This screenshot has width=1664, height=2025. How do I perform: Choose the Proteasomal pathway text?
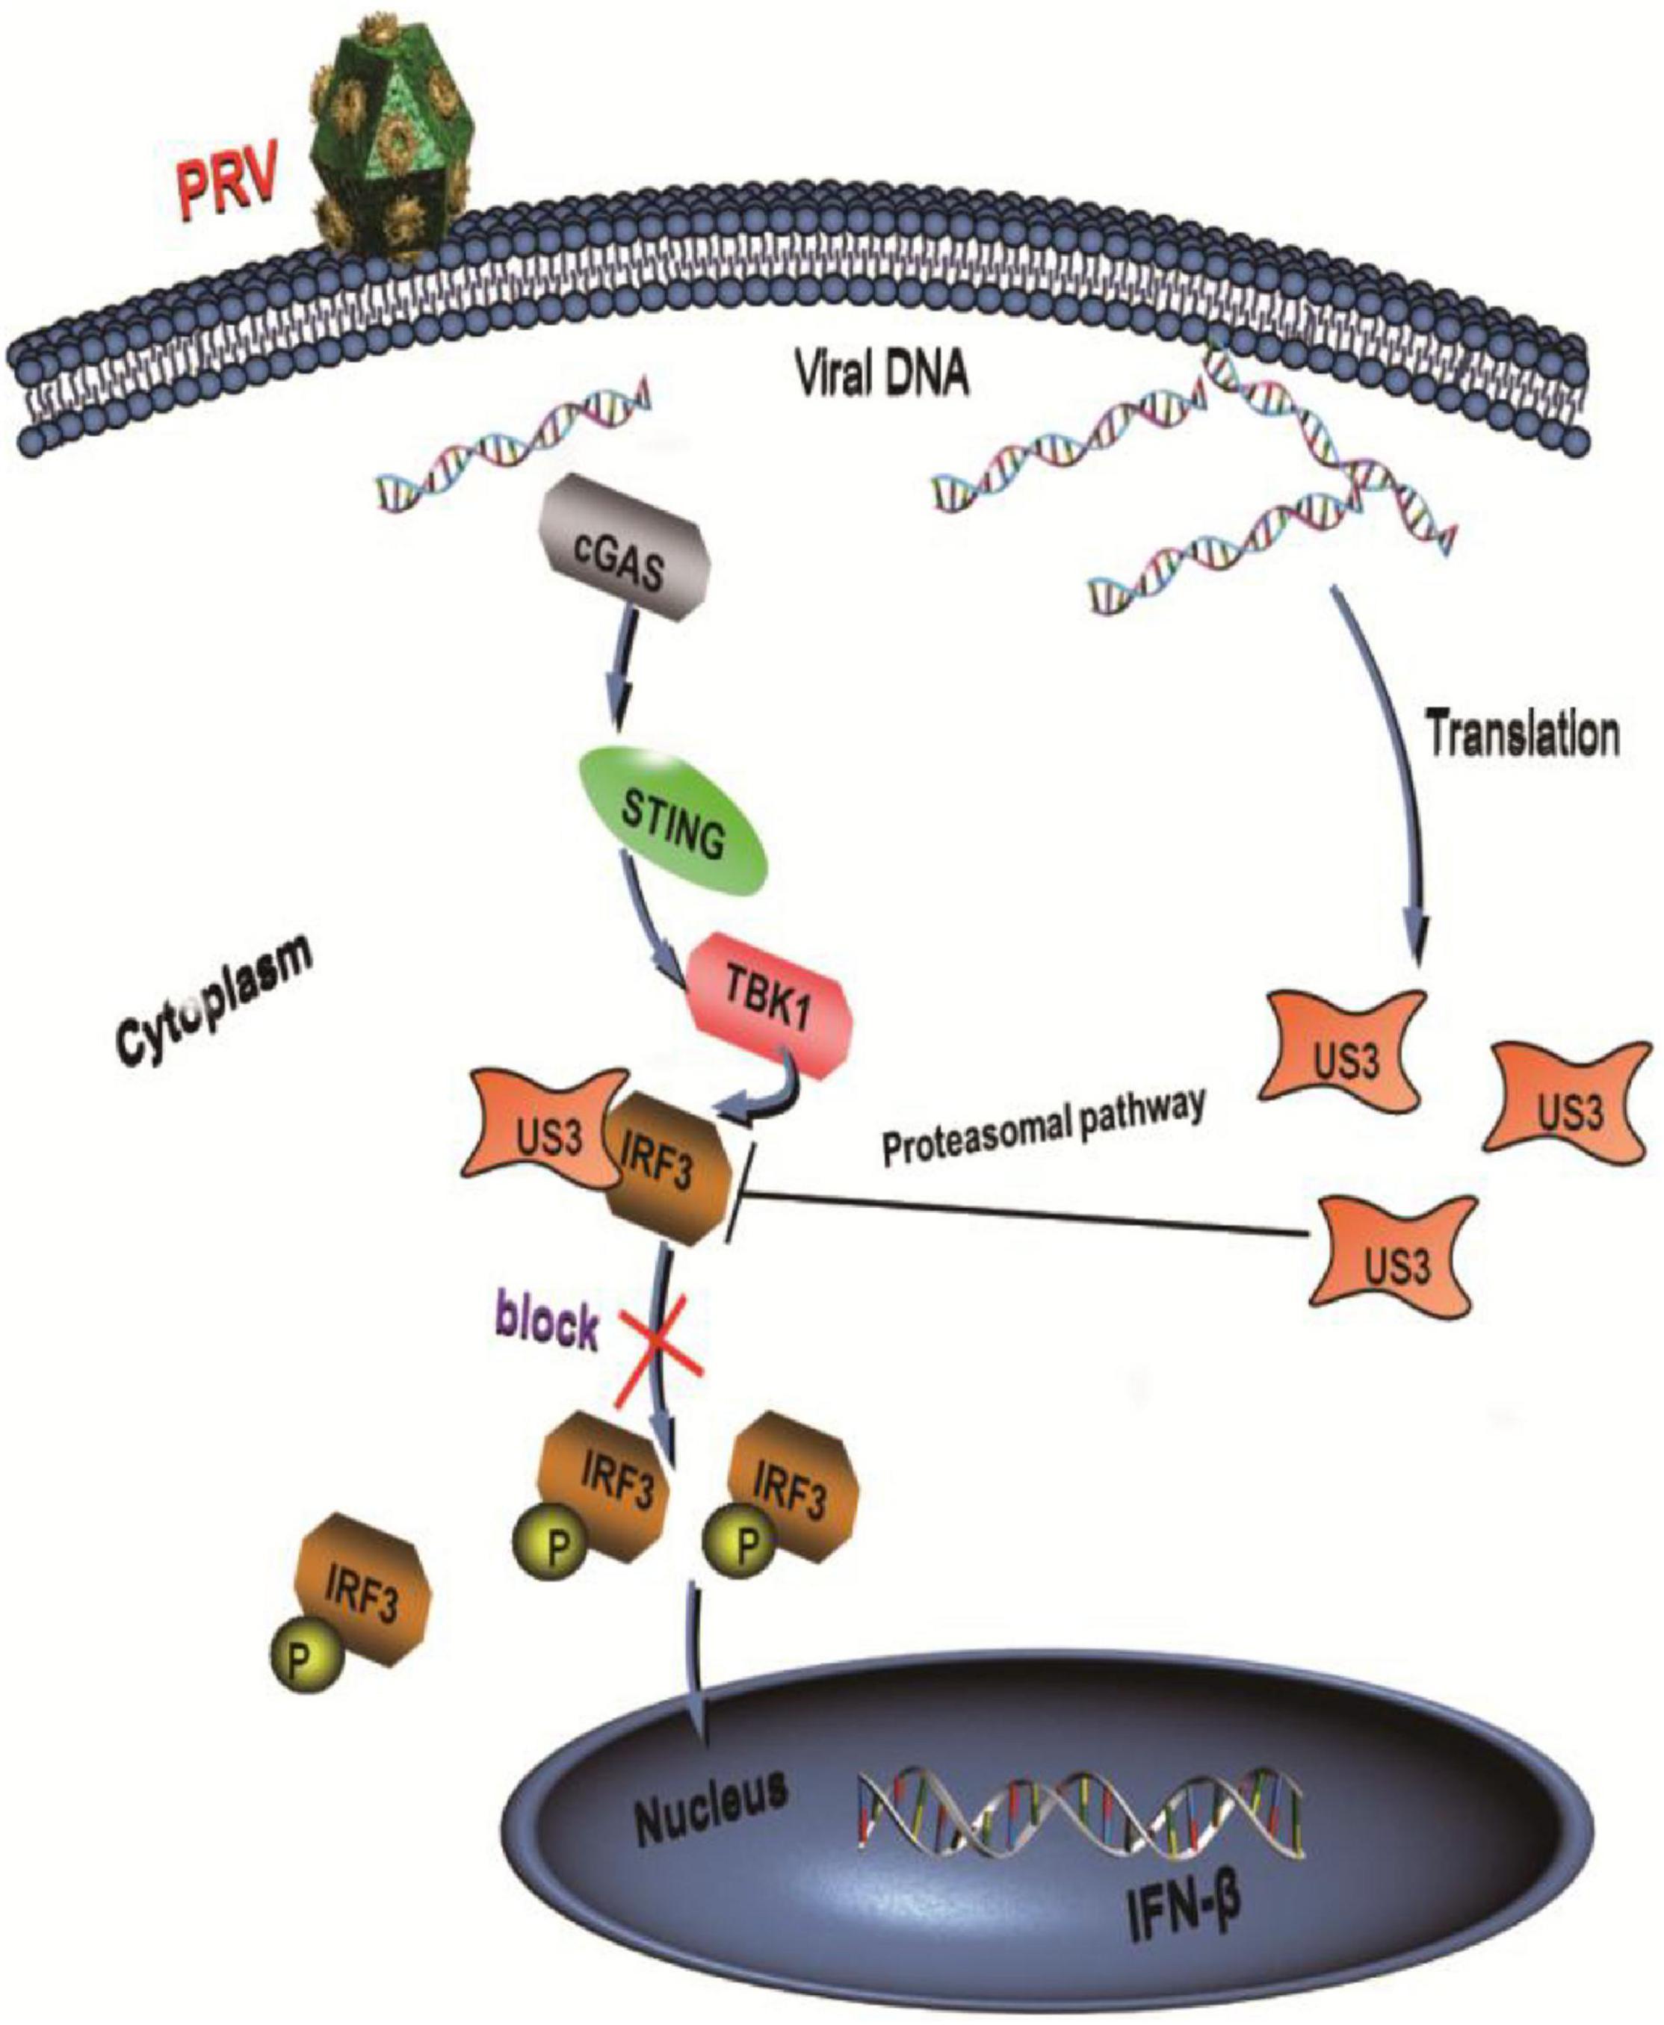tap(1041, 1135)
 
